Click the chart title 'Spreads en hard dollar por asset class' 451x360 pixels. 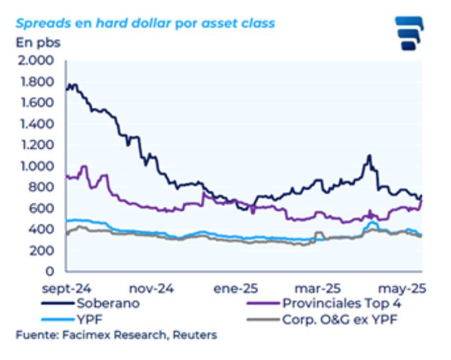coord(145,24)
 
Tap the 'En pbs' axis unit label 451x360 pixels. coord(37,42)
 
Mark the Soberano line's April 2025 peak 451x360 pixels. coord(369,155)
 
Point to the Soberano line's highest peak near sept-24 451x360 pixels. coord(70,85)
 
